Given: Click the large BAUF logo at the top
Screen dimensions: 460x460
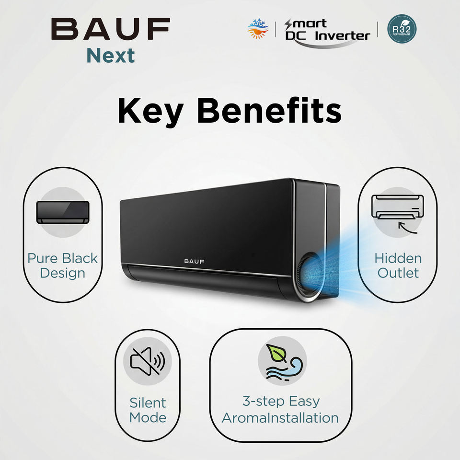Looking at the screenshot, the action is pyautogui.click(x=110, y=29).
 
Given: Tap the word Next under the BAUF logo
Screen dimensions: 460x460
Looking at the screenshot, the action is pyautogui.click(x=111, y=56).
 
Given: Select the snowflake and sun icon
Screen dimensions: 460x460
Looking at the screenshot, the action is pyautogui.click(x=257, y=28).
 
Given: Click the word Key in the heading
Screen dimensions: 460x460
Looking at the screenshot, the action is pyautogui.click(x=149, y=111).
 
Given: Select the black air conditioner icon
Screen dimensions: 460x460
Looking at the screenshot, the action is pyautogui.click(x=63, y=212).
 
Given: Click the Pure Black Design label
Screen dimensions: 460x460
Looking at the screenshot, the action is pyautogui.click(x=62, y=265).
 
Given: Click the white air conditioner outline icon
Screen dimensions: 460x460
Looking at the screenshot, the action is pyautogui.click(x=398, y=206).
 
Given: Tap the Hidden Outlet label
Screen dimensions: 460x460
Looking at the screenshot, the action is pyautogui.click(x=398, y=265).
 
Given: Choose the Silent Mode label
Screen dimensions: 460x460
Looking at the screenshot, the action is pyautogui.click(x=147, y=410).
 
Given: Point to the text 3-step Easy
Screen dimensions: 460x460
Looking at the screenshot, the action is pyautogui.click(x=280, y=401).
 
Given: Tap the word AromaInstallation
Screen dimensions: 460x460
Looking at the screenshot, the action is pyautogui.click(x=280, y=417).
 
